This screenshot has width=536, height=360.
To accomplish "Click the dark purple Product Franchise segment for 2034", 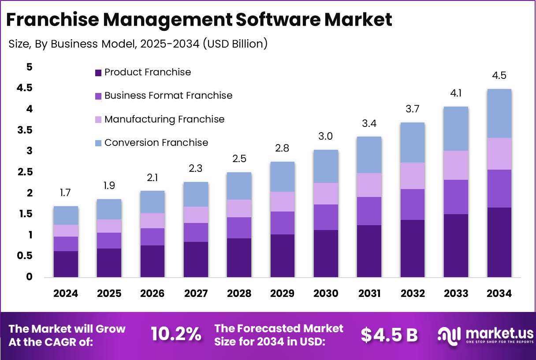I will (x=499, y=242).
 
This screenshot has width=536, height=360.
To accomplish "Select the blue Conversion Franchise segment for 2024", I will (x=66, y=215).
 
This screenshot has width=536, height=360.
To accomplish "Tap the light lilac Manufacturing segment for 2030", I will (x=326, y=193).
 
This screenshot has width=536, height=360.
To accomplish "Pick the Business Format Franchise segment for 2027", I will (x=196, y=232).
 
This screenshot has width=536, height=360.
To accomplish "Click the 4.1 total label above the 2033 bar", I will (x=456, y=93).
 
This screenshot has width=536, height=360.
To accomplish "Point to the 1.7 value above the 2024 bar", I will (x=66, y=193).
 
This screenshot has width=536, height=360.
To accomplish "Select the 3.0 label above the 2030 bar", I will (x=326, y=137).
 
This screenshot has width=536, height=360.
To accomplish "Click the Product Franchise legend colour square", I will (x=98, y=72).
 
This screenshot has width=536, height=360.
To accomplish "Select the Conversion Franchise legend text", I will (x=156, y=143).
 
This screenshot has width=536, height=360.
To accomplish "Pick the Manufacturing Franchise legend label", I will (x=164, y=119).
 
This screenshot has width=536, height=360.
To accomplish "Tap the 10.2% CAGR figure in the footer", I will (x=176, y=335).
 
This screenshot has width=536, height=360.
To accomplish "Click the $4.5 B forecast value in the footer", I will (x=389, y=335).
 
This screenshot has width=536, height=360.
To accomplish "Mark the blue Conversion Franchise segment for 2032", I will (x=412, y=142).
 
